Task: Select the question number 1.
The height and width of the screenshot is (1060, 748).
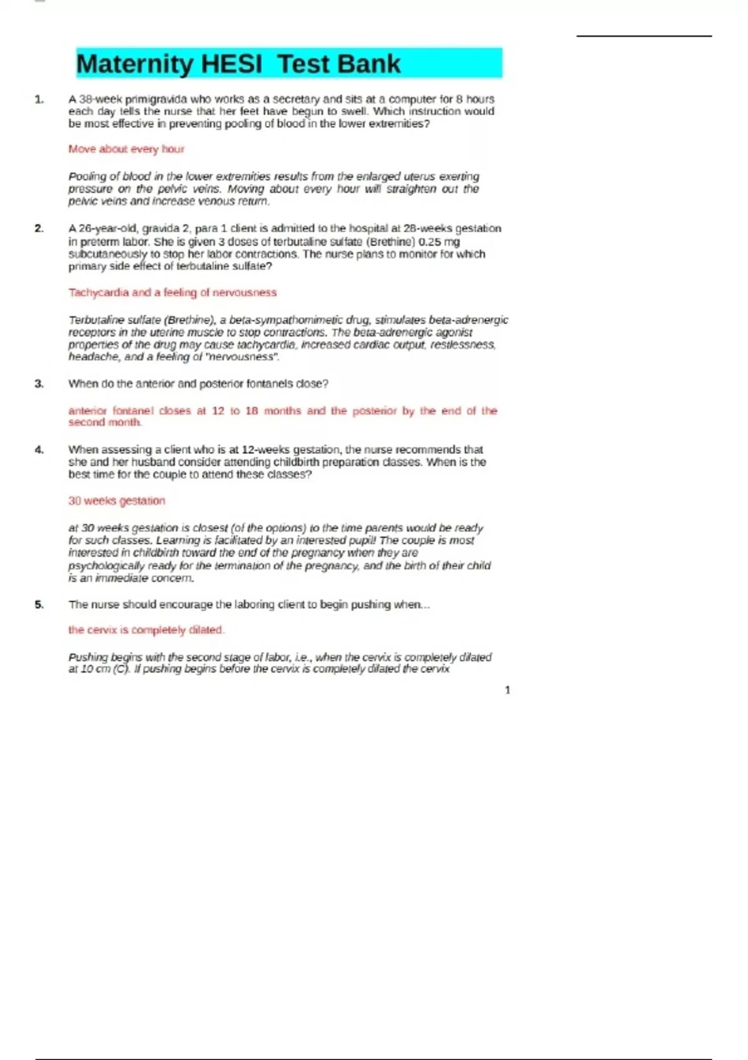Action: coord(39,99)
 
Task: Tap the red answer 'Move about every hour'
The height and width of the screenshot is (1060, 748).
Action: coord(127,149)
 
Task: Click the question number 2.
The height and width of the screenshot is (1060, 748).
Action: coord(39,229)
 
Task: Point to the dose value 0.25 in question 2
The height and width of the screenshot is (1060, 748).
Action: coord(429,242)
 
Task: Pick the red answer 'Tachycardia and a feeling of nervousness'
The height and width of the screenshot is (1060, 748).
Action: coord(173,292)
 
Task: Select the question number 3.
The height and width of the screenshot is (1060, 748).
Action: coord(39,384)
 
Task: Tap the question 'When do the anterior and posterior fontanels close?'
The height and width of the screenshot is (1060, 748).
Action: coord(198,384)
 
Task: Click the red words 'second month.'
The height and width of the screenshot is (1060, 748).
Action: coord(105,423)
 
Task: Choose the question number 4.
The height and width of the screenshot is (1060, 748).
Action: coord(39,450)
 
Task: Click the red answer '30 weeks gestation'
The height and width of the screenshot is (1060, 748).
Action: coord(117,501)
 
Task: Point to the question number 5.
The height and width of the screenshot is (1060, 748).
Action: coord(39,605)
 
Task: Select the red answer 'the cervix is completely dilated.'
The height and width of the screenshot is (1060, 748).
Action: coord(146,630)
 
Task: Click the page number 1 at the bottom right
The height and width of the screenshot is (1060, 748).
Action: coord(507,690)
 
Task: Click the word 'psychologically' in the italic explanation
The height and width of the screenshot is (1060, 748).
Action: coord(106,566)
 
